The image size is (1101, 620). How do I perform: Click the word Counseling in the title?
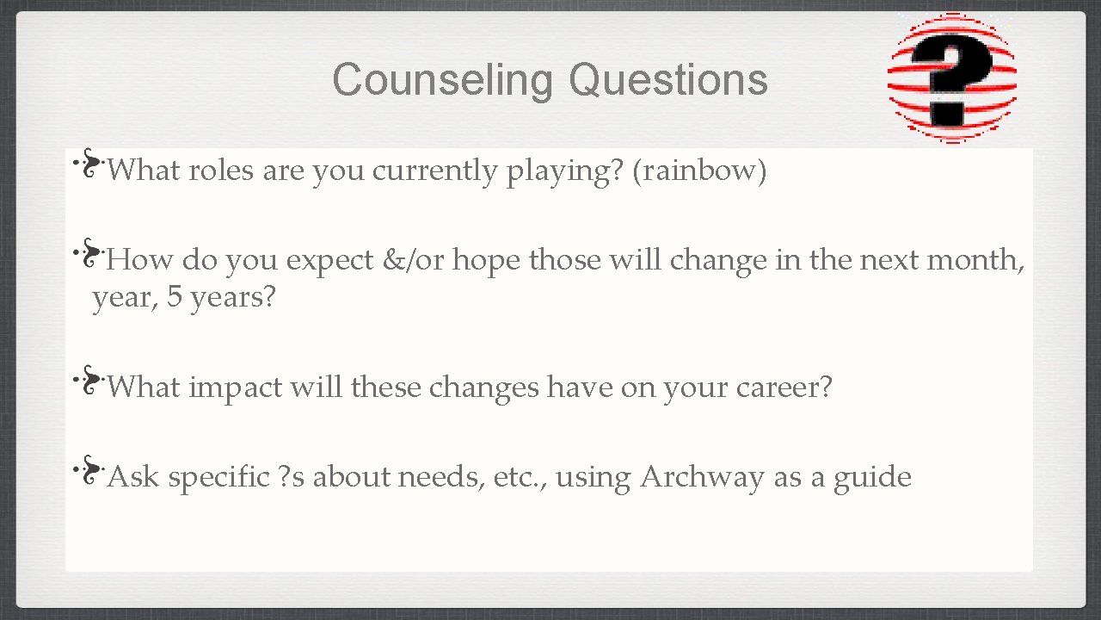pos(442,80)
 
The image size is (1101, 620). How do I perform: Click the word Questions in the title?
pos(667,80)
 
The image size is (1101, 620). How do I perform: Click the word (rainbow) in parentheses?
pos(699,171)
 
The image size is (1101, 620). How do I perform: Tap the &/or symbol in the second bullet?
pos(415,260)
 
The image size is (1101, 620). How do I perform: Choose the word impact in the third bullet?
pos(234,388)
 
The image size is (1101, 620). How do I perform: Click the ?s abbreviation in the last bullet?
pos(292,477)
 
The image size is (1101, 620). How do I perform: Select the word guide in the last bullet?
pos(872,477)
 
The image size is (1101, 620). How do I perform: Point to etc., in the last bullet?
pos(520,477)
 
